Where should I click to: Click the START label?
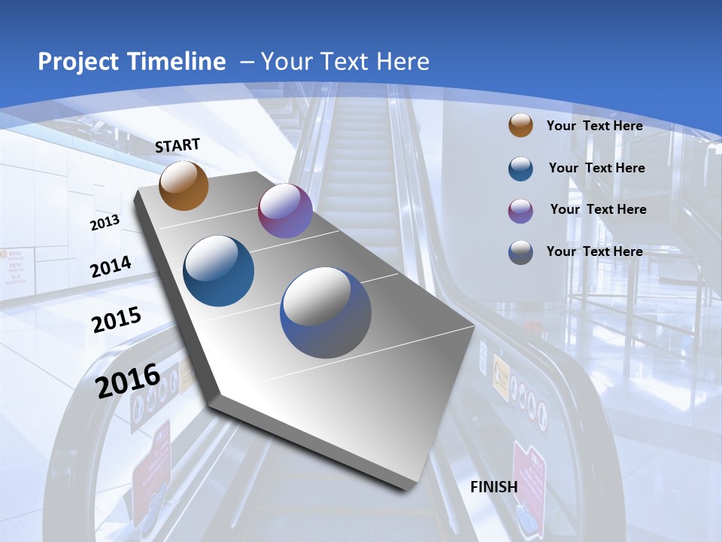pos(177,145)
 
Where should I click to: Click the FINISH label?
pos(494,487)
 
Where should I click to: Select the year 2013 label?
pos(105,223)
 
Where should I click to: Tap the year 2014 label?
pos(111,267)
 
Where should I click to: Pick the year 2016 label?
pos(128,380)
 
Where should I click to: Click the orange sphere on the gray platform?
pos(184,186)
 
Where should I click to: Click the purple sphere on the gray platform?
pos(285,211)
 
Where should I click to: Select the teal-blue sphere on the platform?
pos(218,271)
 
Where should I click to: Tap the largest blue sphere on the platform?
pos(326,312)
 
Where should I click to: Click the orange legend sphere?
pos(520,126)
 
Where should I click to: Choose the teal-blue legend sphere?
pos(520,168)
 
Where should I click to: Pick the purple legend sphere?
pos(520,210)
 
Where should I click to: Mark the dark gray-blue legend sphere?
pos(520,251)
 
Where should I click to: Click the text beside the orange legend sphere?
pos(594,126)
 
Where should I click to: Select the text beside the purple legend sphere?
pos(598,209)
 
